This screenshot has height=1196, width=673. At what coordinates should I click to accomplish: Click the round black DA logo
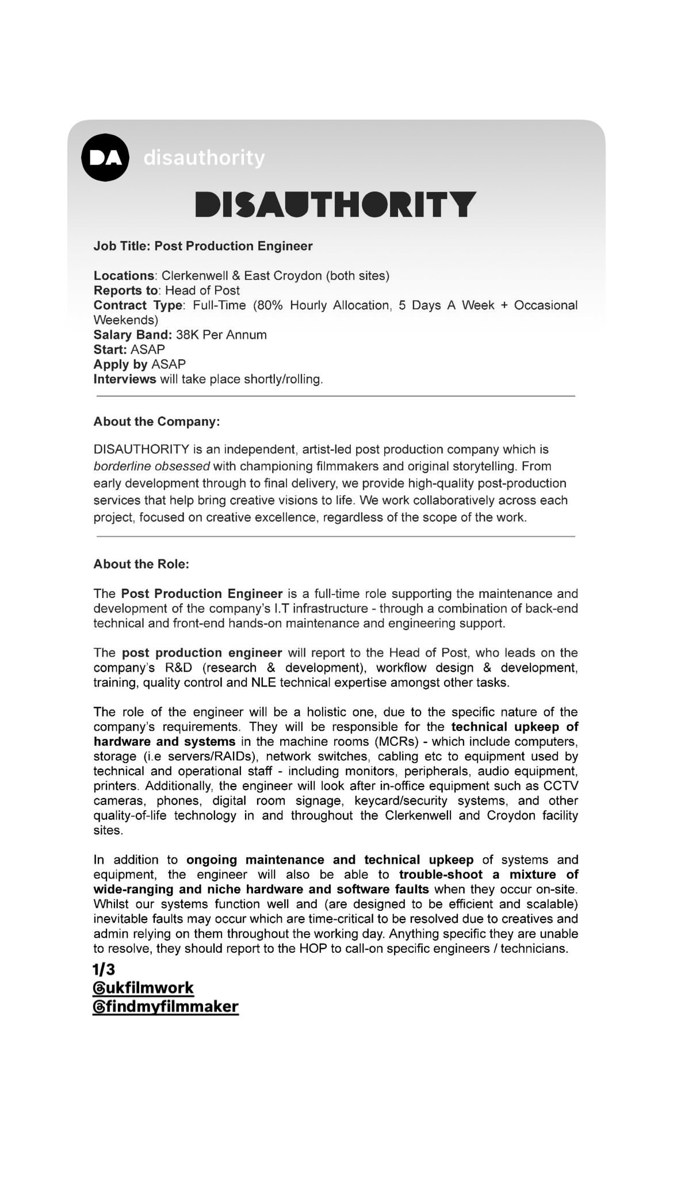coord(105,158)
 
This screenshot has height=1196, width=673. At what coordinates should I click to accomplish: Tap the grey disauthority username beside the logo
coord(204,158)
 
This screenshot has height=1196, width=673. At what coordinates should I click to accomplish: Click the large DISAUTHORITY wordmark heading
coord(336,205)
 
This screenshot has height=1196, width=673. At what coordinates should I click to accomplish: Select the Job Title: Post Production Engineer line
coord(203,246)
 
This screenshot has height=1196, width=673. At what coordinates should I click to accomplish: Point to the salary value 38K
coord(188,335)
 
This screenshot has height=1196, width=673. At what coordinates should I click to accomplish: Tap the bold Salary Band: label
coord(132,335)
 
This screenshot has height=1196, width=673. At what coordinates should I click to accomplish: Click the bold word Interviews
coord(125,379)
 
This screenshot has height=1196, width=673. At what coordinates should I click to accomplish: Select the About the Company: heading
coord(156,421)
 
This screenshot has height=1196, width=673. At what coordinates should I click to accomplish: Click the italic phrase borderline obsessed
coord(152,466)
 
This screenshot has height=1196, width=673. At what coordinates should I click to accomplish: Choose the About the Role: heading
coord(141,564)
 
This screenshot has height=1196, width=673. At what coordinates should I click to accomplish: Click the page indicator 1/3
coord(104,970)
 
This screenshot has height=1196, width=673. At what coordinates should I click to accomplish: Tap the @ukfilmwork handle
coord(143,988)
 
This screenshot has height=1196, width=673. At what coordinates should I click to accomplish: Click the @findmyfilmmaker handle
coord(165,1007)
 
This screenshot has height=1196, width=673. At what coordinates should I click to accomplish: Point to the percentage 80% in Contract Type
coord(269,305)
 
